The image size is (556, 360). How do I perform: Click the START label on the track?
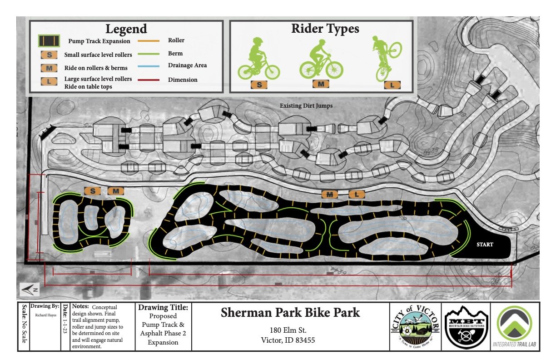click(485, 245)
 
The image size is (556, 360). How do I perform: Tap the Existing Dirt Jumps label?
click(306, 106)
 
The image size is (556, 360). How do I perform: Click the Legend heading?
click(126, 29)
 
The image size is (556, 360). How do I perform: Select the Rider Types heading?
click(325, 29)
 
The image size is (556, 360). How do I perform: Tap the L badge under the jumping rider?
click(392, 85)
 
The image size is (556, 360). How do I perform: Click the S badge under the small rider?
click(259, 85)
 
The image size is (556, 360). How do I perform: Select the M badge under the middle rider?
click(321, 84)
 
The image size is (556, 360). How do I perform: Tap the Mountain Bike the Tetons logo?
click(466, 326)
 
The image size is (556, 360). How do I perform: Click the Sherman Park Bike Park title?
click(290, 313)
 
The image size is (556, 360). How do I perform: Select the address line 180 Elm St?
click(291, 330)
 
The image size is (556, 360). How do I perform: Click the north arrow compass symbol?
click(28, 289)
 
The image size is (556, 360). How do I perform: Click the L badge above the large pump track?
click(357, 195)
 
